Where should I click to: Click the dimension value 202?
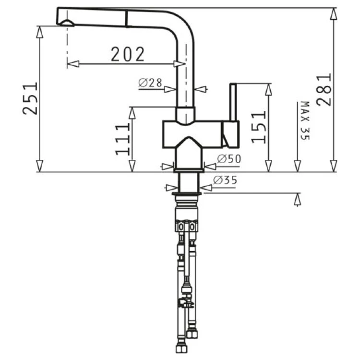[128, 54]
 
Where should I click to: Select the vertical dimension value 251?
[30, 98]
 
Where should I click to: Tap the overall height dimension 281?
[324, 90]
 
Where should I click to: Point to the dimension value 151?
[259, 127]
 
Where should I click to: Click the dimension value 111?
[123, 139]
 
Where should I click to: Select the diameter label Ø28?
[150, 83]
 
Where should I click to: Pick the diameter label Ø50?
[229, 159]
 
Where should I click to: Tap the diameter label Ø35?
[225, 180]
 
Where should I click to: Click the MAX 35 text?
[305, 120]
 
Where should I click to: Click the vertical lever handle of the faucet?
[233, 102]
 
